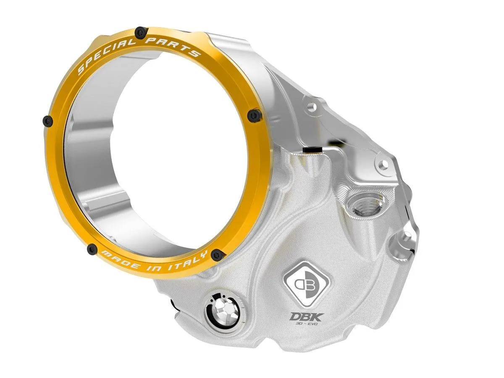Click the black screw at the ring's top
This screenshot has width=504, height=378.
coord(140,31)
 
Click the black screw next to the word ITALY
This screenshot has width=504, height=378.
coord(217,254)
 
